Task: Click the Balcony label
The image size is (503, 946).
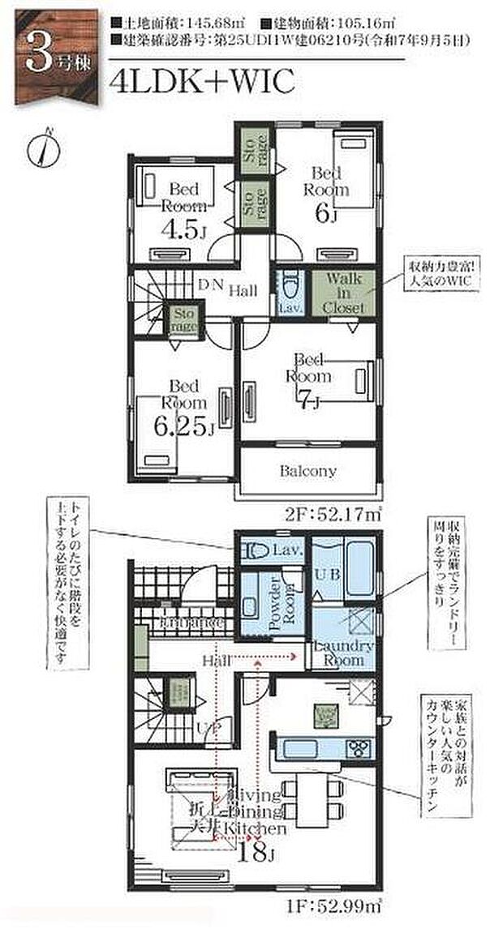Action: click(x=307, y=470)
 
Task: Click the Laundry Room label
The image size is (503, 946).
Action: click(x=343, y=653)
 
